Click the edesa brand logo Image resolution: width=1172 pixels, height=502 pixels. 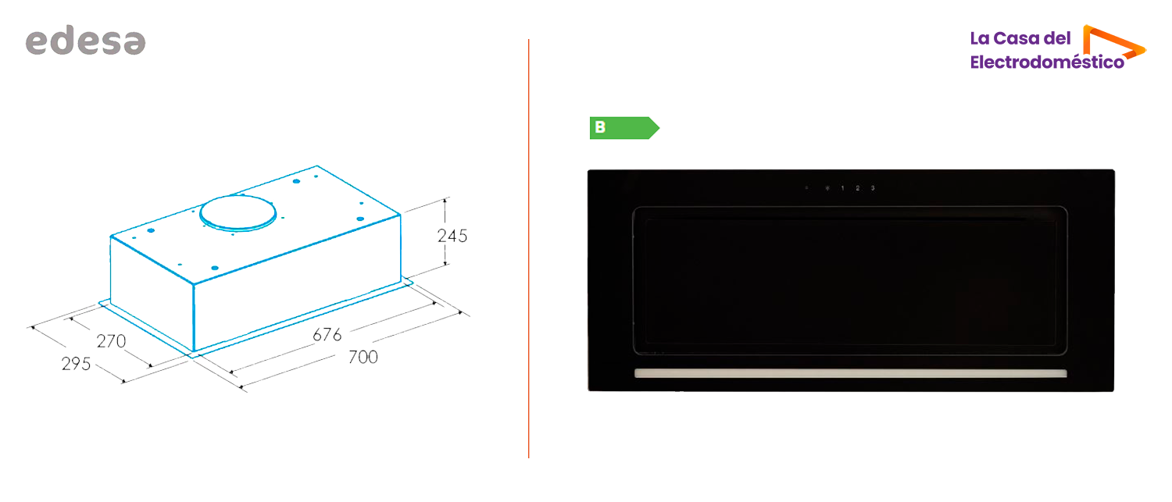click(85, 41)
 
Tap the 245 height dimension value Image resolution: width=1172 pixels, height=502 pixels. click(452, 236)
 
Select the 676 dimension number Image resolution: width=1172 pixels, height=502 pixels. click(327, 335)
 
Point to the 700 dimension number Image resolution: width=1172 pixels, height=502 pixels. click(363, 357)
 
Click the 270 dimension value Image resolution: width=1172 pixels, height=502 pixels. click(111, 341)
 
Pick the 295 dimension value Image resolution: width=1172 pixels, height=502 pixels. click(76, 364)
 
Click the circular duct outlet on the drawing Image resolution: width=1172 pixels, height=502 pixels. click(238, 213)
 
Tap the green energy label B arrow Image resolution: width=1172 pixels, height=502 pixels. click(624, 127)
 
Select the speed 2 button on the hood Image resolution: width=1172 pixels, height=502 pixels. click(858, 187)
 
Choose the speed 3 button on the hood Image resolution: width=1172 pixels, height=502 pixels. click(873, 187)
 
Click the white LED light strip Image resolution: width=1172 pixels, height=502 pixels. click(850, 373)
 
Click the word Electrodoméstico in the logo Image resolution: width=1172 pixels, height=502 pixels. click(1047, 62)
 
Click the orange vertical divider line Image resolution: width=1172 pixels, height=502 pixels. click(528, 248)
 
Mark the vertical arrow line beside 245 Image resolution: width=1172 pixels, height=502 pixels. click(445, 232)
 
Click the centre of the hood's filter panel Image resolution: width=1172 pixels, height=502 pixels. click(850, 281)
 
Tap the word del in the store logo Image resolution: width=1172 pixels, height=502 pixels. click(1057, 38)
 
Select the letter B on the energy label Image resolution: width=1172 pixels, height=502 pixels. click(600, 127)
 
